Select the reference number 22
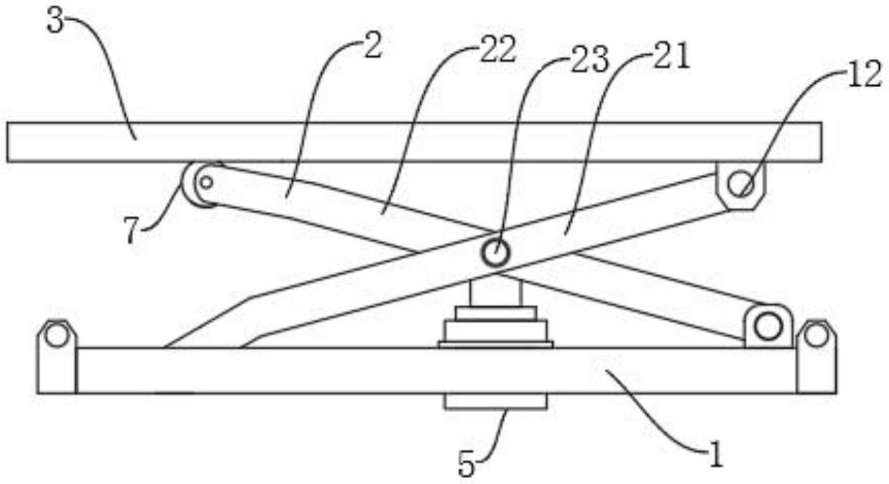(498, 49)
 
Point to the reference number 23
(590, 60)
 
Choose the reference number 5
(467, 464)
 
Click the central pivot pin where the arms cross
(496, 252)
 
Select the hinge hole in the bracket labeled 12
(740, 184)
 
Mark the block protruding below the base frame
(496, 401)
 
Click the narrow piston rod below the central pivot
(496, 293)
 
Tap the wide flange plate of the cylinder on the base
(496, 345)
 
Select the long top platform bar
(414, 142)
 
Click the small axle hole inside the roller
(206, 183)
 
